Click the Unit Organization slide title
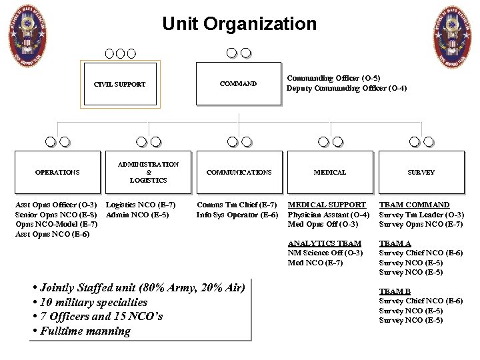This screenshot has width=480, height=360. pyautogui.click(x=239, y=25)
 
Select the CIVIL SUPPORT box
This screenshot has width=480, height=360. pyautogui.click(x=119, y=85)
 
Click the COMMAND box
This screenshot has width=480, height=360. pyautogui.click(x=239, y=84)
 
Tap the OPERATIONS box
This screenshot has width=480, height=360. pyautogui.click(x=57, y=172)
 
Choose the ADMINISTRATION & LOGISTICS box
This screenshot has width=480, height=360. pyautogui.click(x=148, y=172)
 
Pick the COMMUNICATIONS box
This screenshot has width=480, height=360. pyautogui.click(x=239, y=172)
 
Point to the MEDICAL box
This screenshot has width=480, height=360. pyautogui.click(x=330, y=172)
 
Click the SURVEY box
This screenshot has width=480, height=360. pyautogui.click(x=421, y=172)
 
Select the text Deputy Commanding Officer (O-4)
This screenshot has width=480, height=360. pyautogui.click(x=347, y=89)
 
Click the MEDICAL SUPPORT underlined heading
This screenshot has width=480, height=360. pyautogui.click(x=327, y=205)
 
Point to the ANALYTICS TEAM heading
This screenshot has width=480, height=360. pyautogui.click(x=325, y=243)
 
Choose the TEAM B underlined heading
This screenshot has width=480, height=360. pyautogui.click(x=395, y=291)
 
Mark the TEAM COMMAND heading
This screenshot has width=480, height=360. pyautogui.click(x=414, y=205)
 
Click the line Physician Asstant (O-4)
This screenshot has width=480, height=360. pyautogui.click(x=328, y=215)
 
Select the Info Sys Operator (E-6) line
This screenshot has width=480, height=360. pyautogui.click(x=237, y=215)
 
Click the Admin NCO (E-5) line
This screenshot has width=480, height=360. pyautogui.click(x=138, y=215)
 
